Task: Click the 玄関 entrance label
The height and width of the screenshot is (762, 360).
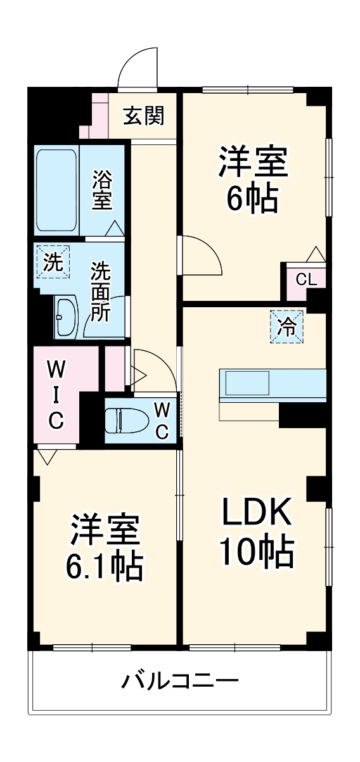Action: pyautogui.click(x=144, y=116)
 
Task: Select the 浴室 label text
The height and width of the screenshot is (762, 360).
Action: pyautogui.click(x=102, y=191)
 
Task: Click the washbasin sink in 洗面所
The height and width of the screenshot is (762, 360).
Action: pyautogui.click(x=66, y=315)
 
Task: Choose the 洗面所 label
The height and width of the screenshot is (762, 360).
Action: pyautogui.click(x=101, y=292)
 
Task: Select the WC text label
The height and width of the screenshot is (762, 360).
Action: pyautogui.click(x=161, y=420)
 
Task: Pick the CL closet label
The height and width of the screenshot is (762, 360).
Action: pyautogui.click(x=305, y=279)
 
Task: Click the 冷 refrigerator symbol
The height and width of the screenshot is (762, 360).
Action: pyautogui.click(x=287, y=327)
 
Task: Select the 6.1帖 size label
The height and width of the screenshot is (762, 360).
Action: pyautogui.click(x=104, y=566)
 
